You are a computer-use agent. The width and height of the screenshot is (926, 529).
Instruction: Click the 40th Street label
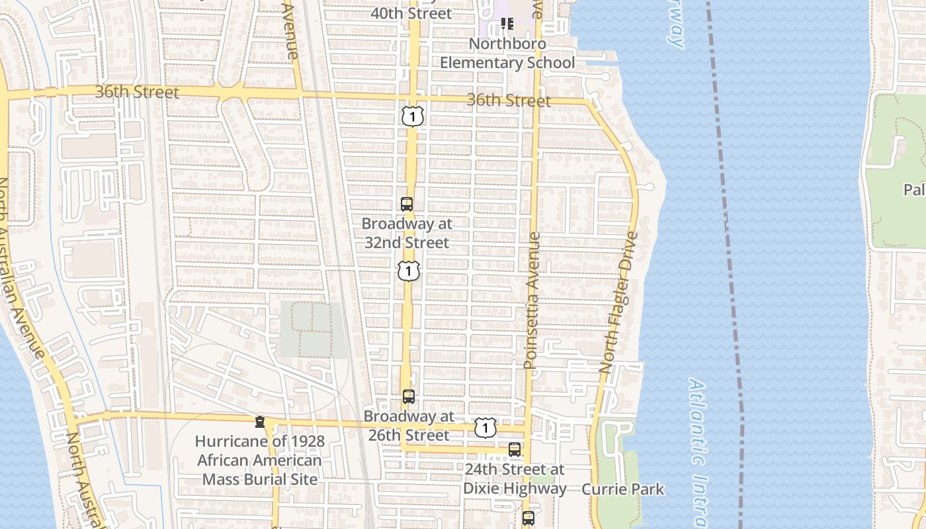coord(411,13)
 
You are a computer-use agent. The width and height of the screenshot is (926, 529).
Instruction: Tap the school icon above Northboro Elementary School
coord(507,24)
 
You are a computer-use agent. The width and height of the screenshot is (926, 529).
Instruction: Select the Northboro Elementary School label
coord(507,54)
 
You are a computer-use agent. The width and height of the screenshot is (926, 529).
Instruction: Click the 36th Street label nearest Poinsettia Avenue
coord(509,101)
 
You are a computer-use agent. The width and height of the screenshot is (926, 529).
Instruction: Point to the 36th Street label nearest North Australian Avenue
coord(137,92)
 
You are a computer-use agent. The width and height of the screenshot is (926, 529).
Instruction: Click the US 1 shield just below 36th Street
coord(412,117)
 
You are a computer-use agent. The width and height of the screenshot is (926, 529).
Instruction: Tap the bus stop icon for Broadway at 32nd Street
coord(407,204)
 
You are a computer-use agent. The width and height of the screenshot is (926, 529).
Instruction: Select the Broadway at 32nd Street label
coord(407,233)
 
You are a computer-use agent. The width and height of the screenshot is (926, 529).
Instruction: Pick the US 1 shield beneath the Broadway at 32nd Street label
coord(409,270)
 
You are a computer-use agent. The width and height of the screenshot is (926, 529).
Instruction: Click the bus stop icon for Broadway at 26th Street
coord(409,397)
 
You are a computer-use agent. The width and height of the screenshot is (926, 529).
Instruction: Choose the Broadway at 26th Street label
coord(409,426)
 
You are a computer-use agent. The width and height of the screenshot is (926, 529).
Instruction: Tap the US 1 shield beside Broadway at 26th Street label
coord(485,428)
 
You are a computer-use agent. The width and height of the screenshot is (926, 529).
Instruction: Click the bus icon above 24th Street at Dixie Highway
coord(515,450)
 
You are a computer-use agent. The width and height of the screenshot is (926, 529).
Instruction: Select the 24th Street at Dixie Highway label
coord(515,479)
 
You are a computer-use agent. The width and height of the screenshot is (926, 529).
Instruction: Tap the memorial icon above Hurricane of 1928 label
coord(260,421)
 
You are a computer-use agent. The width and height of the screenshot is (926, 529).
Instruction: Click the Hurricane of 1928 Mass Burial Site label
coord(260,460)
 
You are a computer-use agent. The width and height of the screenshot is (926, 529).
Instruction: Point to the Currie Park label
coord(622,489)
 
